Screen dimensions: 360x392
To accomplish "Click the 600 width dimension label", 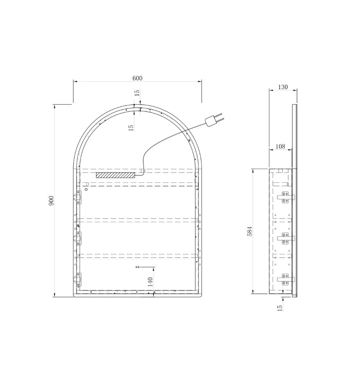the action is pyautogui.click(x=137, y=78).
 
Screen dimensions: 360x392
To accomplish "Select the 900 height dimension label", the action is pyautogui.click(x=51, y=201).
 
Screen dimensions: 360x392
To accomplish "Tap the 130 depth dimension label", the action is pyautogui.click(x=283, y=87).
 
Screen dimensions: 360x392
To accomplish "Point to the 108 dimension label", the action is pyautogui.click(x=280, y=146).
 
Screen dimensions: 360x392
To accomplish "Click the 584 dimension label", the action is pyautogui.click(x=249, y=231).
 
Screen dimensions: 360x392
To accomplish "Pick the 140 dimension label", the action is pyautogui.click(x=150, y=282).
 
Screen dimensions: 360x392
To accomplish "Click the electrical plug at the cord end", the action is pyautogui.click(x=213, y=120).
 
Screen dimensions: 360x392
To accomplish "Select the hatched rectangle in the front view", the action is pyautogui.click(x=115, y=175).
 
